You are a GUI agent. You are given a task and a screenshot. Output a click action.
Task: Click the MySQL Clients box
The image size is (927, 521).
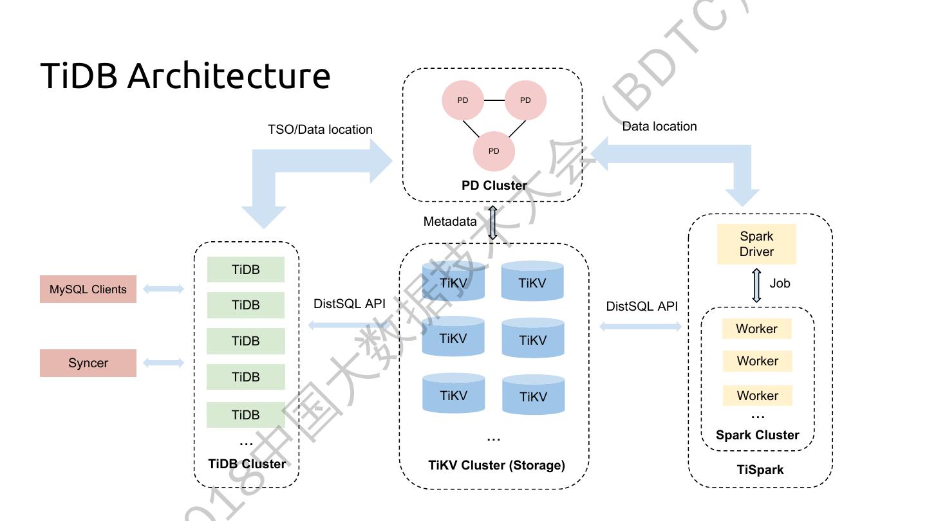[88, 289]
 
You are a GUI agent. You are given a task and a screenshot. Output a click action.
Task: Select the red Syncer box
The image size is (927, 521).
[88, 363]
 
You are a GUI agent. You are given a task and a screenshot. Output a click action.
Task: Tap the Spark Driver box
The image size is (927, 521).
[756, 244]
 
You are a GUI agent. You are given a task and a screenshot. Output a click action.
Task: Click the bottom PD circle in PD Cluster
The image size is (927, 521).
[494, 151]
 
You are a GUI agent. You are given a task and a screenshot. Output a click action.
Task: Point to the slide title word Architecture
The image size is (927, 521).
[229, 76]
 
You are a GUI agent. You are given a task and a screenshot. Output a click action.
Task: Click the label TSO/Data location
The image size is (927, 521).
[320, 129]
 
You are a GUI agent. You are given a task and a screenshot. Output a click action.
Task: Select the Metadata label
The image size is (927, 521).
[450, 221]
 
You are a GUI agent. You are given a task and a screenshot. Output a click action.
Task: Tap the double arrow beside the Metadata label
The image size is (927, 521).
[492, 223]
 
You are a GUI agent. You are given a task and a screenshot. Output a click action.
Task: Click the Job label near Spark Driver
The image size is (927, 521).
[780, 283]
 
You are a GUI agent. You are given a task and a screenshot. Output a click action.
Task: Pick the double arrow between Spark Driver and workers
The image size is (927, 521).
[756, 286]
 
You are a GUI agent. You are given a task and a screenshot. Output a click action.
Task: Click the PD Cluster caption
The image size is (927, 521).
[494, 185]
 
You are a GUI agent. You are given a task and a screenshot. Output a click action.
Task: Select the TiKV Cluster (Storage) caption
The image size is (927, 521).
[496, 464]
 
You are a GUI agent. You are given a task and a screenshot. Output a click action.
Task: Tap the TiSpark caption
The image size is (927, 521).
[760, 470]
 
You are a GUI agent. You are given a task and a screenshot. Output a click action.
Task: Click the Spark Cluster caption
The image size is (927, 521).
[757, 435]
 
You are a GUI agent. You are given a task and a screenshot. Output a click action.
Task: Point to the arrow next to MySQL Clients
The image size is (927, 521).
[164, 289]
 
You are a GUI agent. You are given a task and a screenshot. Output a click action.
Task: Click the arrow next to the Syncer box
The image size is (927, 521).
[164, 363]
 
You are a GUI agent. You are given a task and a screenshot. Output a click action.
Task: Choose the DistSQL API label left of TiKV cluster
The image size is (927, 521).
[349, 304]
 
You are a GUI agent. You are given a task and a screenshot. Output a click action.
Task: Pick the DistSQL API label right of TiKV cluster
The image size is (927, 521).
[642, 306]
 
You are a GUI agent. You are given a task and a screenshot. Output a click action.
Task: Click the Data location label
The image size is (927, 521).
[659, 126]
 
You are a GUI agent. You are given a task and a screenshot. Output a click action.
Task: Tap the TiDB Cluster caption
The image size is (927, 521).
[247, 464]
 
